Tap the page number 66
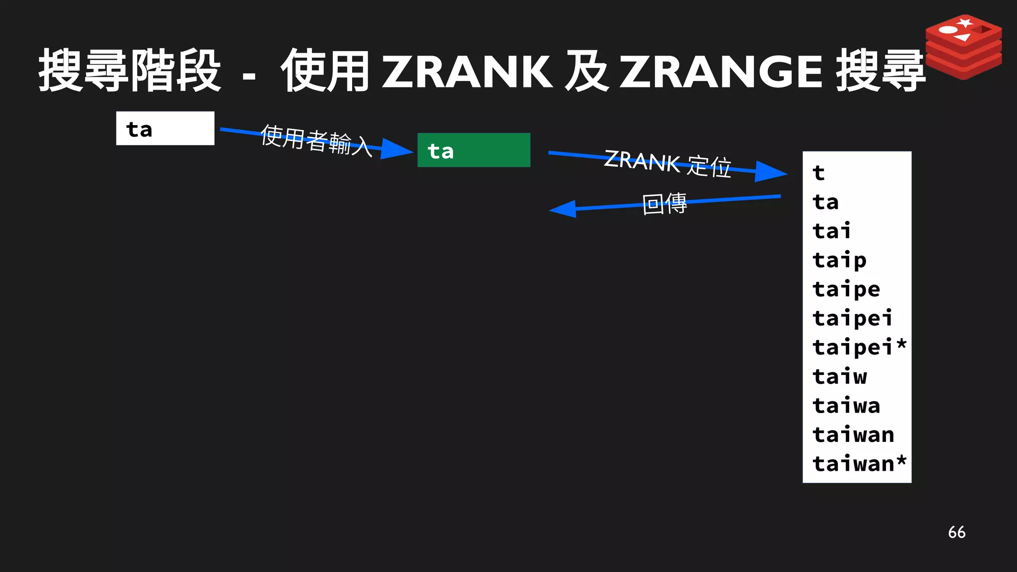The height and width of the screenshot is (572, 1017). tap(956, 532)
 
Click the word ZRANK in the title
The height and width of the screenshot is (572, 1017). tap(467, 72)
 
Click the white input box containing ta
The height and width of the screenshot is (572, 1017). tap(165, 129)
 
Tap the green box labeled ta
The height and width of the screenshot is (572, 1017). tap(474, 150)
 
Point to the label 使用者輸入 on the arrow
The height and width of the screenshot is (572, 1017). tap(316, 141)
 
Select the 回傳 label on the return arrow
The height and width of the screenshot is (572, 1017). tap(664, 204)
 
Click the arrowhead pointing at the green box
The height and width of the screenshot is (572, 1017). tap(397, 149)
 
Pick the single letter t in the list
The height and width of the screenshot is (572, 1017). tap(818, 173)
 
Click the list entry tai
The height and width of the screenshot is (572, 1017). tap(831, 231)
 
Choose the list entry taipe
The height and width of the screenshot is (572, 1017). tap(846, 289)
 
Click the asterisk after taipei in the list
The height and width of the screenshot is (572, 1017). tap(901, 344)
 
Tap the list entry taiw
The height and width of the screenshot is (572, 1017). tap(839, 376)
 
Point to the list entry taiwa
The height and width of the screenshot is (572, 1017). tap(846, 406)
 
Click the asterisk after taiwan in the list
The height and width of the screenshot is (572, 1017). tap(901, 460)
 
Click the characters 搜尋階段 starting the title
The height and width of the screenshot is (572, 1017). tap(130, 71)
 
